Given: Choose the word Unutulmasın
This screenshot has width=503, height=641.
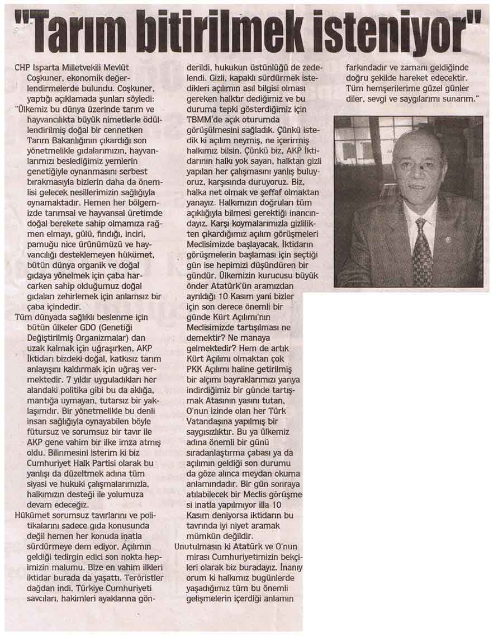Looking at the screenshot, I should tap(198, 547).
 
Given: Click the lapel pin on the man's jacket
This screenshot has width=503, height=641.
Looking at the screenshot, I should tap(447, 239).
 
